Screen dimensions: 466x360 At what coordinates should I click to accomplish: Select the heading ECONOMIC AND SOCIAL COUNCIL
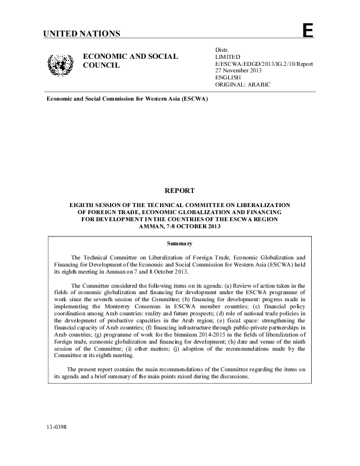130,60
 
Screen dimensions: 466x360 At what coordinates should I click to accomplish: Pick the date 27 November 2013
239,71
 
